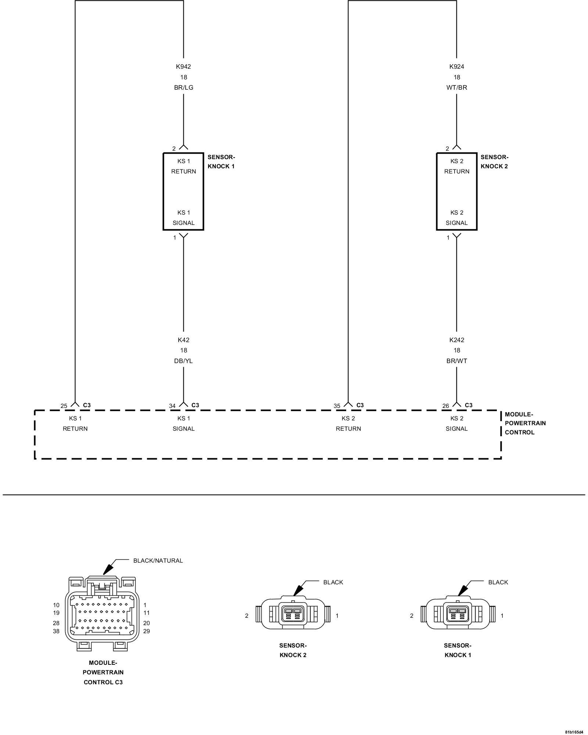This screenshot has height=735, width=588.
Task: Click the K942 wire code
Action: pyautogui.click(x=183, y=67)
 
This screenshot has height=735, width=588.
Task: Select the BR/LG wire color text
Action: pyautogui.click(x=183, y=87)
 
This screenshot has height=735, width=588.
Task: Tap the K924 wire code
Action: pyautogui.click(x=456, y=67)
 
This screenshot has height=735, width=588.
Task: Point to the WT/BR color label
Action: pyautogui.click(x=456, y=87)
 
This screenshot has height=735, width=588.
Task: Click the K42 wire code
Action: pyautogui.click(x=183, y=340)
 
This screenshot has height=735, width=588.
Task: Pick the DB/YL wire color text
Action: pyautogui.click(x=183, y=361)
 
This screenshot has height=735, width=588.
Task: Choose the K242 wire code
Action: pyautogui.click(x=456, y=340)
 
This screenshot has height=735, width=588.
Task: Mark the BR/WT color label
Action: pyautogui.click(x=456, y=361)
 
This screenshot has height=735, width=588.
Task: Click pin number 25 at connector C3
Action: pyautogui.click(x=64, y=406)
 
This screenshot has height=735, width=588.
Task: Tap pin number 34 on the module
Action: pyautogui.click(x=172, y=406)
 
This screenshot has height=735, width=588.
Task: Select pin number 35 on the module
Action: pyautogui.click(x=337, y=406)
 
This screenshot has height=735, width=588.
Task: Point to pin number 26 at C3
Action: pyautogui.click(x=445, y=406)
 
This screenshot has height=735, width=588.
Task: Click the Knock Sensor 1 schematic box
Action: pyautogui.click(x=183, y=191)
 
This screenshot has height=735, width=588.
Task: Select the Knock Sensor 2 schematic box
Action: pyautogui.click(x=456, y=191)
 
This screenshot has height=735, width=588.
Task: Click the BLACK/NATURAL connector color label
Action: pyautogui.click(x=158, y=561)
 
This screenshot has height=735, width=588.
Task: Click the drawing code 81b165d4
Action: pyautogui.click(x=574, y=732)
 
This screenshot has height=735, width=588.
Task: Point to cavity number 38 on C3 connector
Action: pyautogui.click(x=56, y=631)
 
